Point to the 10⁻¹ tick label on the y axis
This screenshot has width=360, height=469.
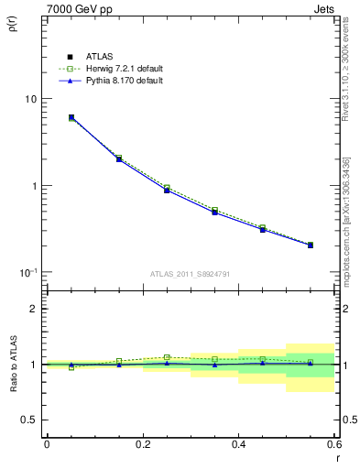[x=27, y=272]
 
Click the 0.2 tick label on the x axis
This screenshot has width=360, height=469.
[x=142, y=444]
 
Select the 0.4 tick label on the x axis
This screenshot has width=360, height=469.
[x=238, y=444]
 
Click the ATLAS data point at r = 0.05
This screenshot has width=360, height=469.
[x=71, y=117]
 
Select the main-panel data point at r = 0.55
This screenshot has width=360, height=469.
[x=311, y=245]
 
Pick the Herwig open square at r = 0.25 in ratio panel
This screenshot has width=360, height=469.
[x=167, y=357]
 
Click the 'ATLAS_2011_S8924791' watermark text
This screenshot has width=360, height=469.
[x=190, y=274]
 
